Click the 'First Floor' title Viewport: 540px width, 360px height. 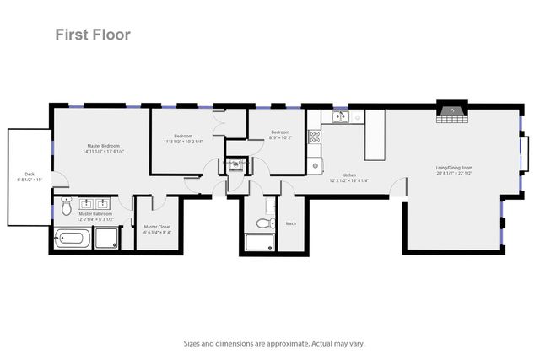coord(93,35)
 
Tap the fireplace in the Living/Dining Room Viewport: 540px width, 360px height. coord(453,112)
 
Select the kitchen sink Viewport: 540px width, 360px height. coord(339,117)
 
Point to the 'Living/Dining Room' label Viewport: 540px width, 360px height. coord(454,168)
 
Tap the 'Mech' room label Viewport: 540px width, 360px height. coord(291,223)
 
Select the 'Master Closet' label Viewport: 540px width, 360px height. coord(157,227)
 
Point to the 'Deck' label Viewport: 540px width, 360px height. coord(30,174)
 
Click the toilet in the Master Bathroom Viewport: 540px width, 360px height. coord(66,205)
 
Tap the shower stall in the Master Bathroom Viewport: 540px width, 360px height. coord(105,239)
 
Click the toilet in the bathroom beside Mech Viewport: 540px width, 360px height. coord(266,223)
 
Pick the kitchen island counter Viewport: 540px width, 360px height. coord(375,134)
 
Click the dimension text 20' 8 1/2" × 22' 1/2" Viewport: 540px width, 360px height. coord(454,174)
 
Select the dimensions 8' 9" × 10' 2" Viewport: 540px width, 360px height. coord(280,137)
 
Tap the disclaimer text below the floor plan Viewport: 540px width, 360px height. coord(269,344)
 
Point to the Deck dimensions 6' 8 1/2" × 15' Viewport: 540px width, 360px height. coord(30,180)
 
